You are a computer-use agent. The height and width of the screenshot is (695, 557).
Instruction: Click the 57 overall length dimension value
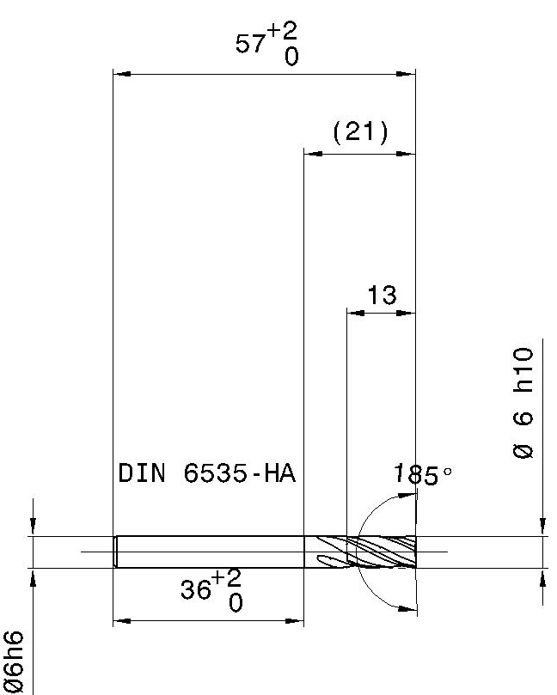[x=250, y=44]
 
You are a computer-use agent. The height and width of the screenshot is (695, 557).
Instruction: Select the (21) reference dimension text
[x=360, y=131]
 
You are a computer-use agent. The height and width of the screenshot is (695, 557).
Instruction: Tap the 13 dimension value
[x=382, y=296]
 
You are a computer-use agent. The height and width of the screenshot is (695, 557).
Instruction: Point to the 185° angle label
[x=422, y=475]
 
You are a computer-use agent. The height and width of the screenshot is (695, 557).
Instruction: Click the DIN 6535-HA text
[x=206, y=473]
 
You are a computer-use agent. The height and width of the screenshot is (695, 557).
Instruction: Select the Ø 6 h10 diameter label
[x=523, y=403]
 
